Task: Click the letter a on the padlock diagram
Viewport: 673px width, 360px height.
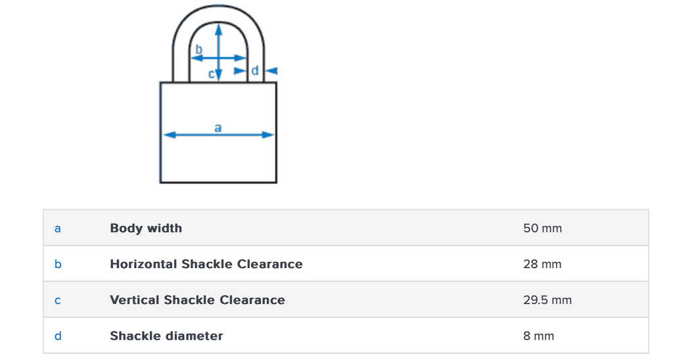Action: pos(218,127)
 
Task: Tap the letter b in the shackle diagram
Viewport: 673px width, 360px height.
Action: pos(199,49)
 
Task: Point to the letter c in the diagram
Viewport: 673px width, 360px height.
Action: pos(212,74)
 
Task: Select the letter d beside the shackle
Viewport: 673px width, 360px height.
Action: pos(255,70)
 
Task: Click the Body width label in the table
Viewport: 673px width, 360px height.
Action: pos(146,229)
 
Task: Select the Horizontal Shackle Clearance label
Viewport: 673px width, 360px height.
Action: pos(206,264)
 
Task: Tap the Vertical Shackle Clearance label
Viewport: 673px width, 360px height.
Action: pos(197,300)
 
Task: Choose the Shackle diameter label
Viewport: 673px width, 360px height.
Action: pos(166,336)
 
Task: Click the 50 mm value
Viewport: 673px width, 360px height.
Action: pos(542,229)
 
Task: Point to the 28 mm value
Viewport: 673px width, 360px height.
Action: pos(542,264)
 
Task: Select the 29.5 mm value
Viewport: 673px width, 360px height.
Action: pos(547,300)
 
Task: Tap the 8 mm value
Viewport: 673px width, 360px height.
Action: pos(539,336)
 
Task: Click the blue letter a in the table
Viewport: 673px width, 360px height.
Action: pos(58,229)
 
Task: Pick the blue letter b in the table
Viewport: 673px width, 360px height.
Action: pos(58,264)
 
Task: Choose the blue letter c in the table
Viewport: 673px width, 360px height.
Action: pos(58,301)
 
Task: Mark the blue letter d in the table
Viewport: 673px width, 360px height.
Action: pos(58,336)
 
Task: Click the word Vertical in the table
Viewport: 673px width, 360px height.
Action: pos(134,300)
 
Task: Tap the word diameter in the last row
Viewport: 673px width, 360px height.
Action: pos(194,336)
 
